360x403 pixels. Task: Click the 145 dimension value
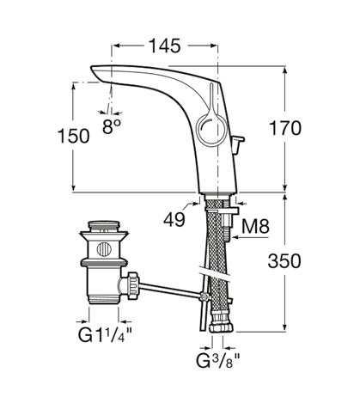[165, 46]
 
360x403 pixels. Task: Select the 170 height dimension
[285, 128]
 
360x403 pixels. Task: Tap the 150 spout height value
[74, 136]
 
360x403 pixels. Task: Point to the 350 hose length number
[284, 261]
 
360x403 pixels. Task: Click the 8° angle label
[112, 126]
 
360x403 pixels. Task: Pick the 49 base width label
[174, 220]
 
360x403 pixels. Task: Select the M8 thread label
[255, 226]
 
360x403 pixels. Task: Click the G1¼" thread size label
[105, 334]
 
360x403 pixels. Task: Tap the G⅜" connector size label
[218, 361]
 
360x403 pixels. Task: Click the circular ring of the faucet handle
[199, 129]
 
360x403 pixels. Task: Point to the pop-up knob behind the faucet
[238, 143]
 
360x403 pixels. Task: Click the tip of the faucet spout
[92, 68]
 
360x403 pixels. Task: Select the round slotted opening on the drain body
[104, 249]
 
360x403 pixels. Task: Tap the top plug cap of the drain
[104, 225]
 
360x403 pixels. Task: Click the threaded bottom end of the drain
[104, 299]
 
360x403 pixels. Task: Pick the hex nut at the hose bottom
[222, 327]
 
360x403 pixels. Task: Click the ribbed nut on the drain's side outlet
[133, 285]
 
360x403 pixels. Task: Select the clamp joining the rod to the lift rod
[204, 296]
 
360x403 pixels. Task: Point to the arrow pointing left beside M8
[250, 237]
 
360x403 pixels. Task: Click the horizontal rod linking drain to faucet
[170, 290]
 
